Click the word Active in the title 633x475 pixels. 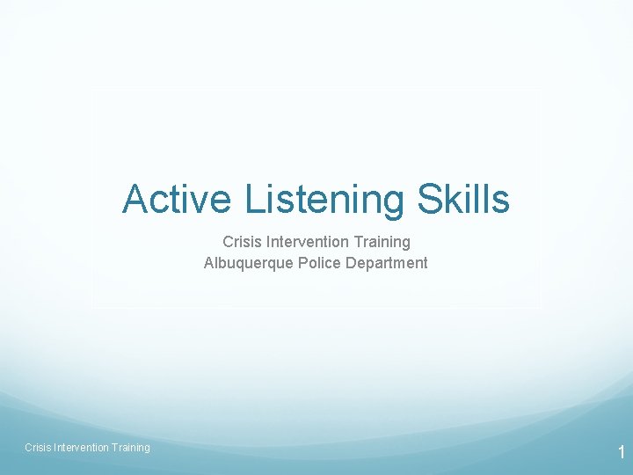coord(177,199)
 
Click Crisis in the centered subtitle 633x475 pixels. coord(241,241)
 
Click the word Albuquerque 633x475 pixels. coord(245,263)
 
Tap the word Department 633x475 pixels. coord(384,263)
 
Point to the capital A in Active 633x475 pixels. coord(135,199)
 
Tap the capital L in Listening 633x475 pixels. coord(253,199)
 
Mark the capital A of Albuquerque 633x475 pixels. coord(209,262)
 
